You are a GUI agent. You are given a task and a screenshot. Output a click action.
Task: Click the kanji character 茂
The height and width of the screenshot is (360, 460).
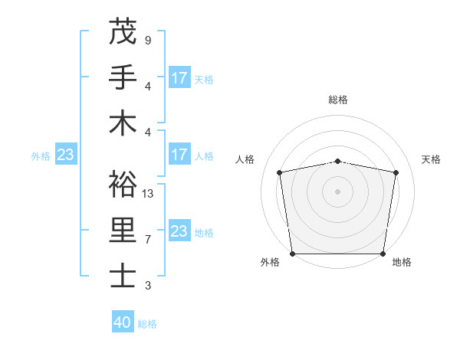pos(123,32)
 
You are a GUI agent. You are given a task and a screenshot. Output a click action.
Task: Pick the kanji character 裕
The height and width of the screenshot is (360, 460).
pos(123,184)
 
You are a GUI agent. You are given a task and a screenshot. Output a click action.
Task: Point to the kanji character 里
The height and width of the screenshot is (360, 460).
pos(123,231)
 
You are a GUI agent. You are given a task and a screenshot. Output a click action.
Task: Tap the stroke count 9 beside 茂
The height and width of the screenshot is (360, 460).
pos(147,40)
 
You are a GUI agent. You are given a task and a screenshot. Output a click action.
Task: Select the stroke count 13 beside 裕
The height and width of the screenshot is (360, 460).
pos(148,193)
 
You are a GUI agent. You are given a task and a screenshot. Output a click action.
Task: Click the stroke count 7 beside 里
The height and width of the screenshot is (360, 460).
pos(147,240)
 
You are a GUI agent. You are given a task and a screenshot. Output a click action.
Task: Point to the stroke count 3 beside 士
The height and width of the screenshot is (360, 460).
pos(147,286)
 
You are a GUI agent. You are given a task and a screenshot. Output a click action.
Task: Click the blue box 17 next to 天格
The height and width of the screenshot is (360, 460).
pos(179,77)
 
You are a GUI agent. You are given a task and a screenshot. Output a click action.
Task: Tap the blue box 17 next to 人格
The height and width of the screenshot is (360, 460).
pos(179,155)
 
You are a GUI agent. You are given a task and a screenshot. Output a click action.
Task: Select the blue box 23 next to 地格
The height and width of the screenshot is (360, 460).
pos(179,231)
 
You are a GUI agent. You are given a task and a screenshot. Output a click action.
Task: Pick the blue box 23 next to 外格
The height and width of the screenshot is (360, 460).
pos(65,155)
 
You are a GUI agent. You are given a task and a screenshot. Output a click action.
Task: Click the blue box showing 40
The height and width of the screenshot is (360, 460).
pos(123,322)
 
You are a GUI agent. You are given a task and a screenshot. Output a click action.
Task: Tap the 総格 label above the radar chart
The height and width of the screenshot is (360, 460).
pos(338,100)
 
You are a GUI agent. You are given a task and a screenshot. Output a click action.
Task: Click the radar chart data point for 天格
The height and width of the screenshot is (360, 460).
pos(396,172)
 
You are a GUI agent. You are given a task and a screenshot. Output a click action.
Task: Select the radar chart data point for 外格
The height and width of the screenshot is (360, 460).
pos(292,254)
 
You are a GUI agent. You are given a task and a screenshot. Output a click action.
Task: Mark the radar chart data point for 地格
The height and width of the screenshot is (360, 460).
pos(383,254)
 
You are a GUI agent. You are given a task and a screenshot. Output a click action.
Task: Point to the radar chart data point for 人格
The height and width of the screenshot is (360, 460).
pos(280,172)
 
